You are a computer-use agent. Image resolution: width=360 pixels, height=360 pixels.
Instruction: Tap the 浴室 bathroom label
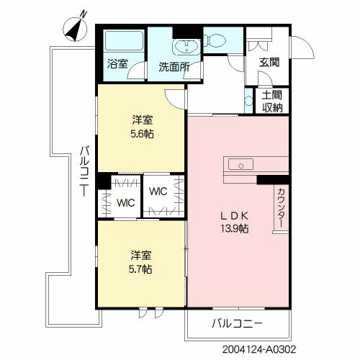tap(117, 64)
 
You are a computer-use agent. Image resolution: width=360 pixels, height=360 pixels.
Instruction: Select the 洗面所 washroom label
tap(174, 67)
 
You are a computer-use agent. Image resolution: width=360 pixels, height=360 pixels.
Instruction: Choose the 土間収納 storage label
tap(271, 102)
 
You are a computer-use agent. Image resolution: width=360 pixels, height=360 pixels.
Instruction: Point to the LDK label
tap(234, 215)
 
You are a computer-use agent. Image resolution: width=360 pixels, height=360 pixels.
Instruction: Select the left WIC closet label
tap(126, 203)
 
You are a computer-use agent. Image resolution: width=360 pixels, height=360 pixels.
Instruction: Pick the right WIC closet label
tap(159, 192)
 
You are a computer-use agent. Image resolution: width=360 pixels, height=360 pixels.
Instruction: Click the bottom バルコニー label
tap(237, 324)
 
